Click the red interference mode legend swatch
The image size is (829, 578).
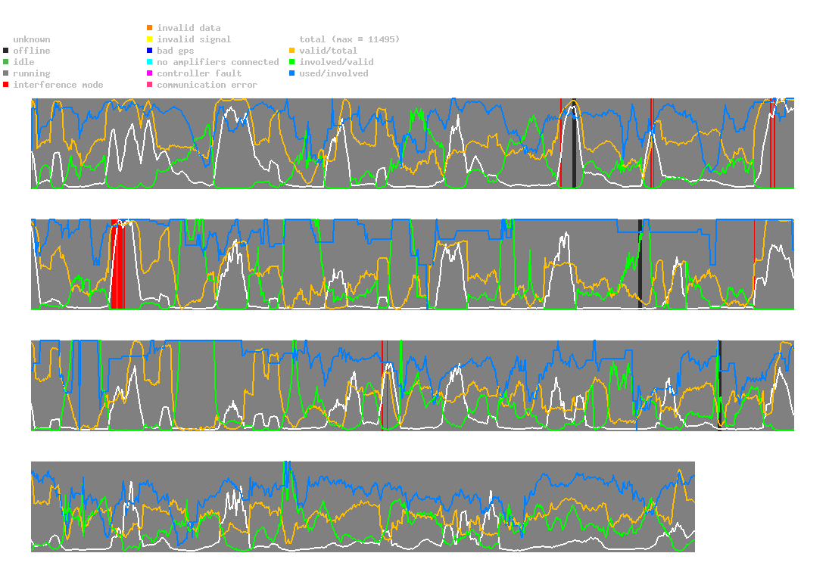click(x=5, y=85)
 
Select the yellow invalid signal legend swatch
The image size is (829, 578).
click(x=149, y=39)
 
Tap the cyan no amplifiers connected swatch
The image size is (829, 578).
click(x=149, y=62)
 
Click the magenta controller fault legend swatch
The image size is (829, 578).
click(x=149, y=73)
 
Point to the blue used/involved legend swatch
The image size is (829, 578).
click(x=291, y=73)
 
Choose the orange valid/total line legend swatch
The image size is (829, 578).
click(x=291, y=51)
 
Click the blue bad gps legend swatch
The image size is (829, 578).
click(x=149, y=51)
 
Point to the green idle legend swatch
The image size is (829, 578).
click(x=5, y=62)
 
